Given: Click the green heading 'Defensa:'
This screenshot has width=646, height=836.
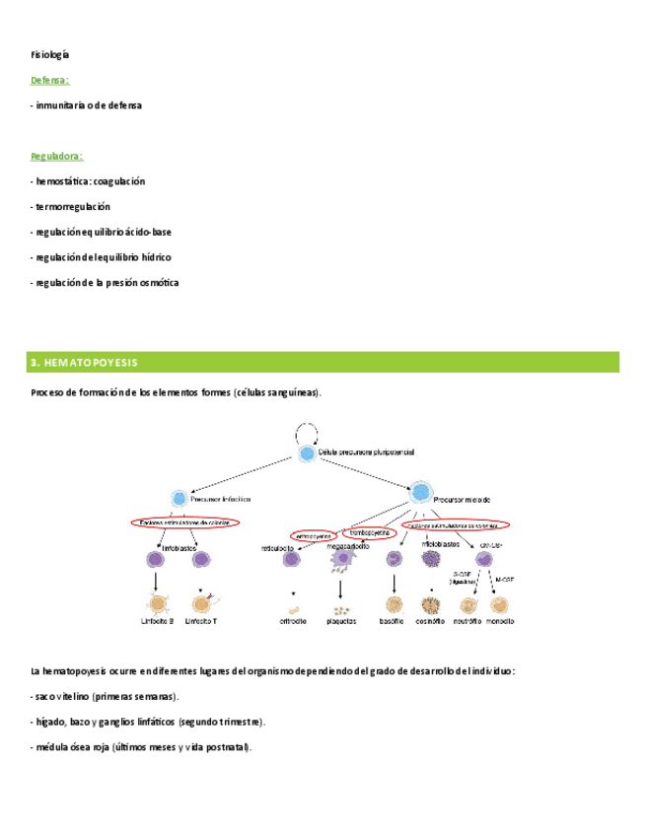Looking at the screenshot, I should tap(49, 80).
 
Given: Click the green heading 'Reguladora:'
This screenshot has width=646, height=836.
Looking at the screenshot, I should tap(56, 156).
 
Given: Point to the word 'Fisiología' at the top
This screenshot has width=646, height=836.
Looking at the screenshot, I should tap(49, 54).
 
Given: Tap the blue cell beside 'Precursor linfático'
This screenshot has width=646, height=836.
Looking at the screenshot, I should tap(179, 498).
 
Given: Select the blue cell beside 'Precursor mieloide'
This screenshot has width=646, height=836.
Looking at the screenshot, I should tap(420, 491).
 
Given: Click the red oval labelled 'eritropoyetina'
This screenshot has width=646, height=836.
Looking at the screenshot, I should tap(313, 535).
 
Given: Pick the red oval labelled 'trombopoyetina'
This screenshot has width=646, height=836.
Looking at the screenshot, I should tap(369, 533).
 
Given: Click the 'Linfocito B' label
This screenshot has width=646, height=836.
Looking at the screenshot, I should tap(157, 621).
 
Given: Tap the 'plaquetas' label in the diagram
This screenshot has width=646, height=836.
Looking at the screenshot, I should tap(340, 621).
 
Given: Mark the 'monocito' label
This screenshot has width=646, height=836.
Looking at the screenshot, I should tap(499, 621).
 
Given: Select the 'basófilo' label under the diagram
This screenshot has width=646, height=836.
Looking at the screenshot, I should tap(395, 621).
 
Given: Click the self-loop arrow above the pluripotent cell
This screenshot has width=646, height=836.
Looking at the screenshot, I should tap(307, 431).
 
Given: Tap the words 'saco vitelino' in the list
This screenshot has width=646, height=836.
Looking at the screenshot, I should tap(66, 697).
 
